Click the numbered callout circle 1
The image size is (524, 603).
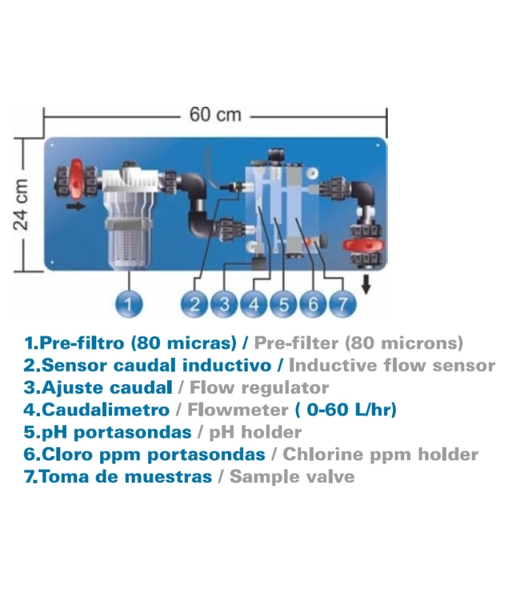(130, 303)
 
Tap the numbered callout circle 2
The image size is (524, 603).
(195, 303)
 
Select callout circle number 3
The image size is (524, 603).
(224, 303)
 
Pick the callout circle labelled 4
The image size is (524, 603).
(253, 303)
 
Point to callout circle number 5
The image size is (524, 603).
(283, 303)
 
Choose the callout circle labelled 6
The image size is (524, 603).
(312, 303)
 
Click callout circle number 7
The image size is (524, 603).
(342, 303)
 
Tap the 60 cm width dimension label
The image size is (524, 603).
(215, 115)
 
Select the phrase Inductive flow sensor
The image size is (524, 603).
(392, 365)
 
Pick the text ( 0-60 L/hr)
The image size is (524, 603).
(345, 410)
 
